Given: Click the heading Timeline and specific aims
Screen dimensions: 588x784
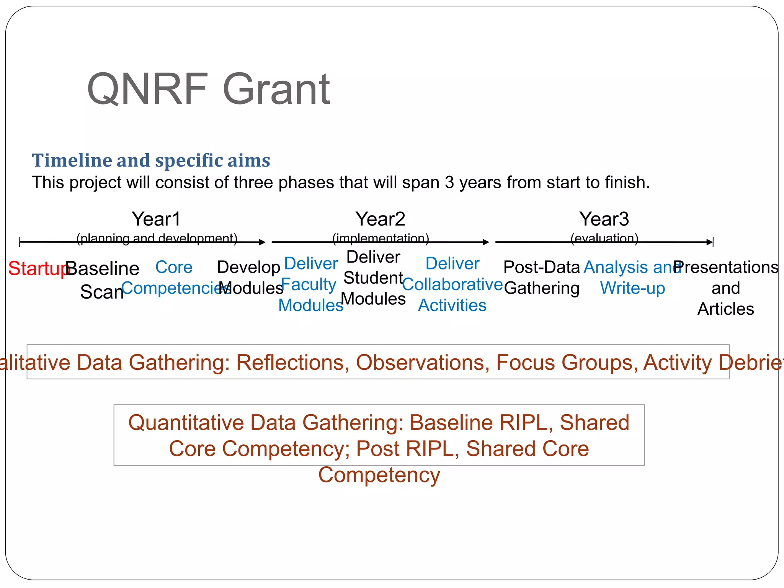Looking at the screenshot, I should click(151, 160).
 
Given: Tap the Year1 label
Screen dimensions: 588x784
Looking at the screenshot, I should click(156, 219).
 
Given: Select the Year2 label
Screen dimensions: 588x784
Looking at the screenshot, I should click(380, 219).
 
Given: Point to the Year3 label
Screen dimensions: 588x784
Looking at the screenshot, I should click(604, 219).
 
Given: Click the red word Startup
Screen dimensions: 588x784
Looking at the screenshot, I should click(37, 268).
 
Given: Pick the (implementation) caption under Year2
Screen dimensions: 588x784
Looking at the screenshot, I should click(380, 238).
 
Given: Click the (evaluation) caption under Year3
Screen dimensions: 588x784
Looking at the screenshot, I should click(604, 238).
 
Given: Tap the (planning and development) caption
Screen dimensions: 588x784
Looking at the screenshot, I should click(157, 238).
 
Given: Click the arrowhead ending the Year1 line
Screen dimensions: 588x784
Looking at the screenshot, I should click(262, 242).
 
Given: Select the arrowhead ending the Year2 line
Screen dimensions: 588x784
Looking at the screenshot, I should click(486, 242).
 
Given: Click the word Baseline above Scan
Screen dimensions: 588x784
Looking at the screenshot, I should click(103, 268).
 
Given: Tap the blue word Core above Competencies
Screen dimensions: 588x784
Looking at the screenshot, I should click(174, 267).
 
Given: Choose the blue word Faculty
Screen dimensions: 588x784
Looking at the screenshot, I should click(309, 284).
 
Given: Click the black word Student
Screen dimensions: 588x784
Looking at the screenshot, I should click(373, 278).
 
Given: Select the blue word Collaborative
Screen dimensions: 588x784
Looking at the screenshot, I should click(452, 284).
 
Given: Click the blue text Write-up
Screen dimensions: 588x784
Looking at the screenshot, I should click(632, 288).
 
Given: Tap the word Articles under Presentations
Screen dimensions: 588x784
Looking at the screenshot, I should click(725, 309).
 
